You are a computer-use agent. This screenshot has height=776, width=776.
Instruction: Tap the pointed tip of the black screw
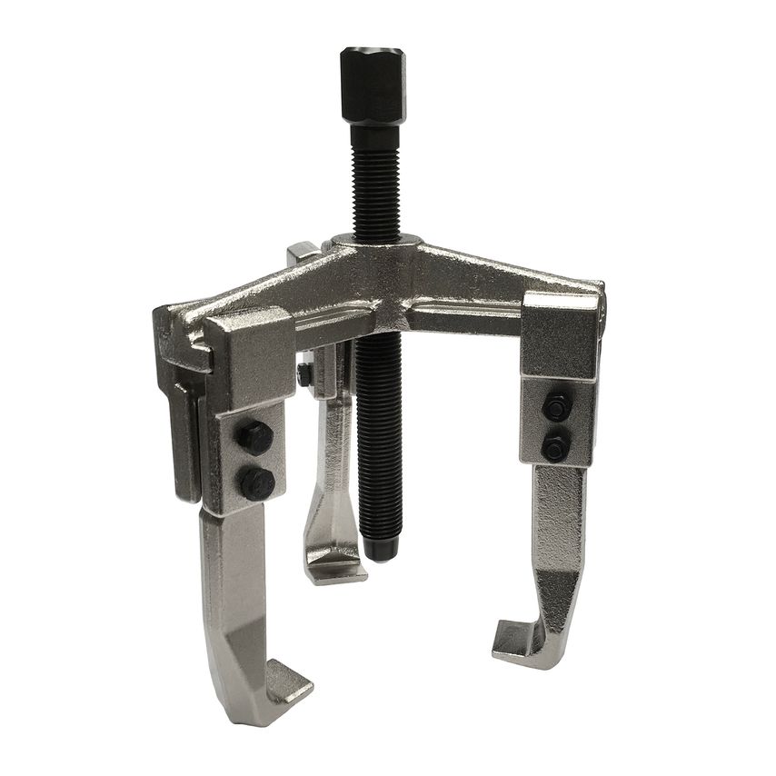380,553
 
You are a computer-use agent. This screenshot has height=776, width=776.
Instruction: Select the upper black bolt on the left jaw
254,438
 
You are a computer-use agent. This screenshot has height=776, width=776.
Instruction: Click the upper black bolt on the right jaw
556,407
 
